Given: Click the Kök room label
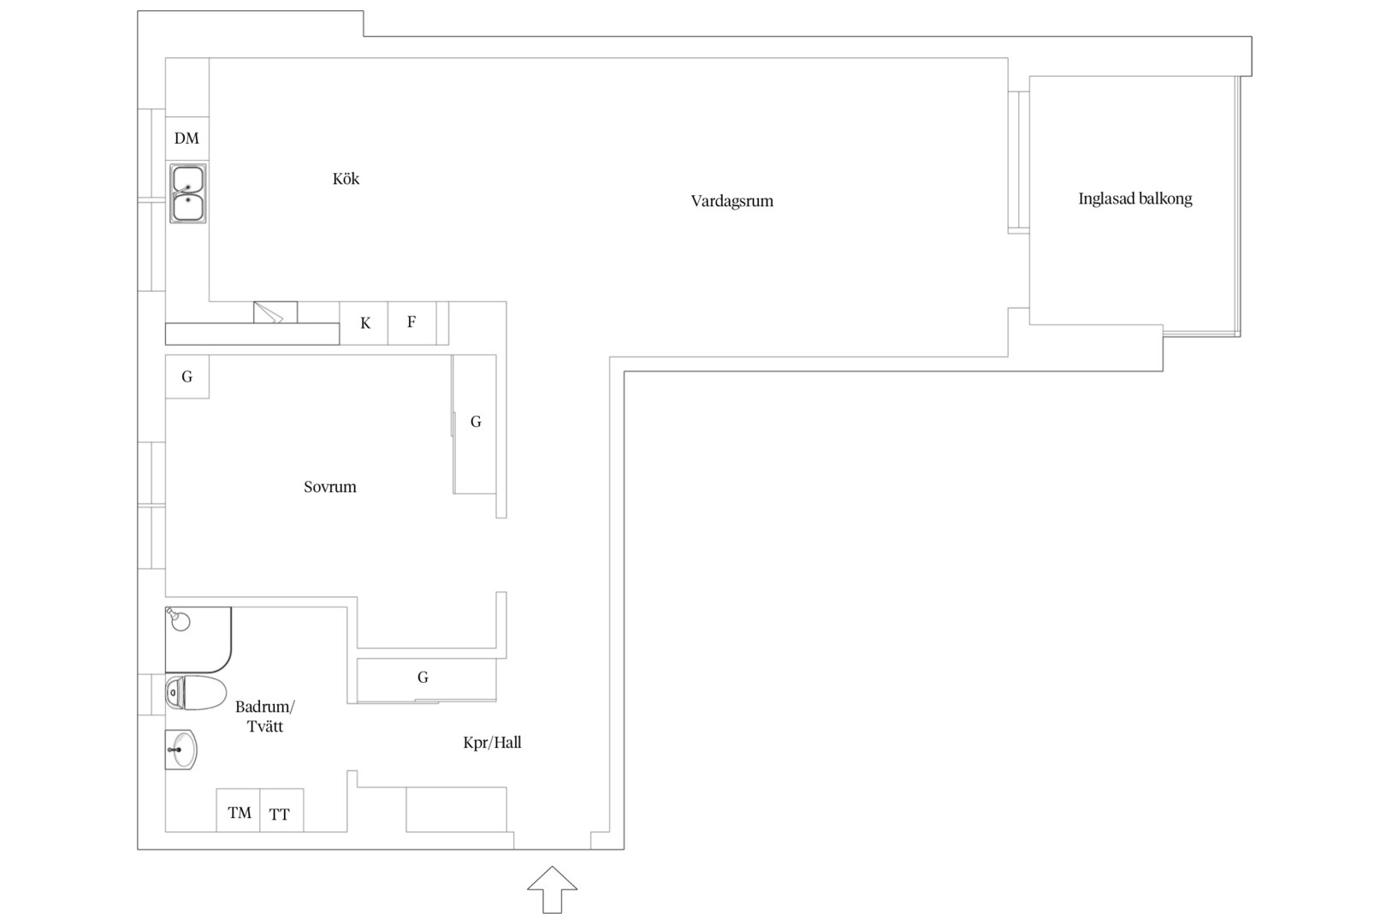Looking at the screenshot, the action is (346, 179).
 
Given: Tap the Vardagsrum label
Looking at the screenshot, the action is (732, 201).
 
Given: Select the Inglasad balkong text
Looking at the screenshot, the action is (1134, 198).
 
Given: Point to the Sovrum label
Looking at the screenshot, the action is (329, 487).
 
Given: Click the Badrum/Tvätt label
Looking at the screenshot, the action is (265, 716).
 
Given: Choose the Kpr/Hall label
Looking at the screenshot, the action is (492, 743).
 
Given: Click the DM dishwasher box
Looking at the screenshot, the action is (187, 139).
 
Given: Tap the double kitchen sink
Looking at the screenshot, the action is (188, 193).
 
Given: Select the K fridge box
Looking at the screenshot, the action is (364, 323).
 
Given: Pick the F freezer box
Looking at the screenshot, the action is (412, 323).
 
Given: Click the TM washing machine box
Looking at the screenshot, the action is (238, 810).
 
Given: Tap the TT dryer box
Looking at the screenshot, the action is (281, 810).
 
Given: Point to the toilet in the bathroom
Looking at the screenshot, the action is (196, 692).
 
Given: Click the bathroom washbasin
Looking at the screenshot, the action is (181, 749).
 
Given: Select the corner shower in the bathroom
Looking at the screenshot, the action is (198, 640).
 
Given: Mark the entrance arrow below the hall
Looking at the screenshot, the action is (552, 889).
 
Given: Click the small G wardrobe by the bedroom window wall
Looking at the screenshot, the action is (187, 376).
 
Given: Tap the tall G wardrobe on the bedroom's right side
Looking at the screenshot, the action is (474, 424).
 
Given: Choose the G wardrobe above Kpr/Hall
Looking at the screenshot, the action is (426, 679).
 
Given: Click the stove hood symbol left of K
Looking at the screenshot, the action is (275, 312).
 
